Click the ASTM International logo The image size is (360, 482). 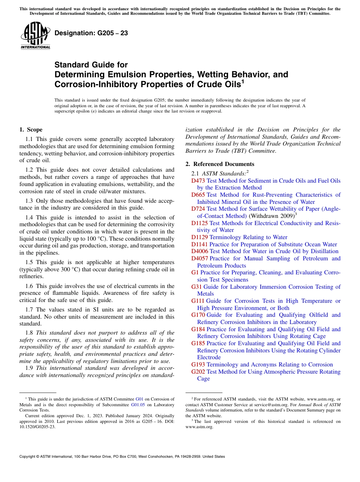(x=35, y=36)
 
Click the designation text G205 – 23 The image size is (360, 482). (x=91, y=33)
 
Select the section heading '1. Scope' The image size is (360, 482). (x=31, y=130)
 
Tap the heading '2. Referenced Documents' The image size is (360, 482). (x=219, y=164)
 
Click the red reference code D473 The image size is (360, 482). (x=198, y=181)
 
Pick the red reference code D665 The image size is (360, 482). (x=198, y=195)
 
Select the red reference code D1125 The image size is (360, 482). (x=200, y=223)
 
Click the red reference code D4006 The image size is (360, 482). (x=200, y=251)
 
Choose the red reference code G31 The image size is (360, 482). (x=196, y=287)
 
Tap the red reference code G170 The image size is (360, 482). (x=198, y=315)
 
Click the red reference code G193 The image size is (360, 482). (x=198, y=365)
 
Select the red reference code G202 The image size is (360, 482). (x=198, y=372)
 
